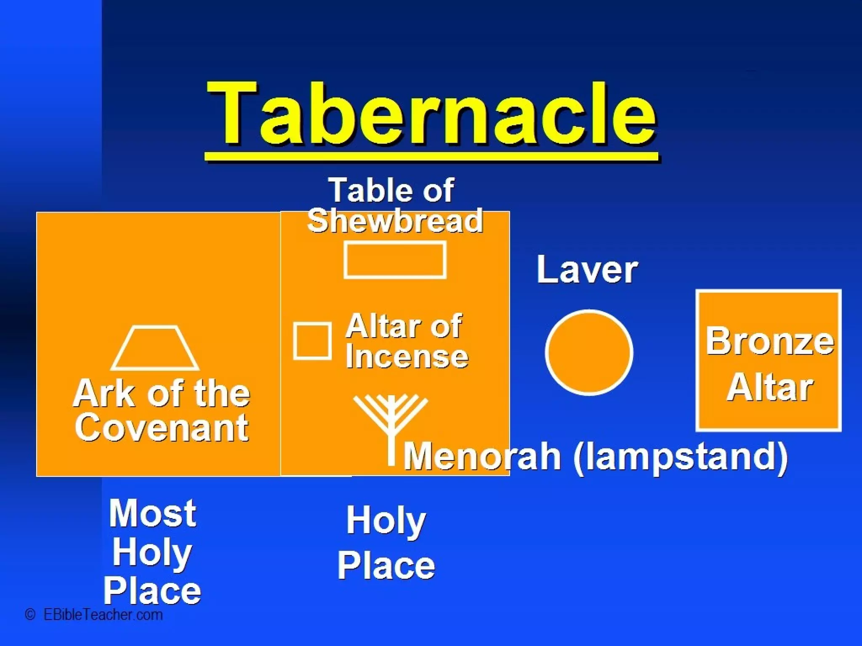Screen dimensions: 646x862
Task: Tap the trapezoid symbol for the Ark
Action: tap(155, 348)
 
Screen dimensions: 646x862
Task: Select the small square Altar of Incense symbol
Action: tap(312, 341)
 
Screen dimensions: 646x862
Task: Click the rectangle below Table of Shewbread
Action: tap(395, 260)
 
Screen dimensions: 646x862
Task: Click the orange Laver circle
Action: tap(589, 352)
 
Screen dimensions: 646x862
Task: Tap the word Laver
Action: tap(587, 270)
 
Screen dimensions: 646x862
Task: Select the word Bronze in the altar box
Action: tap(769, 341)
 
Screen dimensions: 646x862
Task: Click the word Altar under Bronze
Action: tap(769, 388)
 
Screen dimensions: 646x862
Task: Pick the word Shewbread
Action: tap(395, 221)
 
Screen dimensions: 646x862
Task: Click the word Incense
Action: tap(407, 357)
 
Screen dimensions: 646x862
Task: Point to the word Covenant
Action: tap(162, 428)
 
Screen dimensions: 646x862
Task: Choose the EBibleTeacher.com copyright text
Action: tap(103, 615)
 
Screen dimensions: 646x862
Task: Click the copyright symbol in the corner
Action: tap(30, 614)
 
